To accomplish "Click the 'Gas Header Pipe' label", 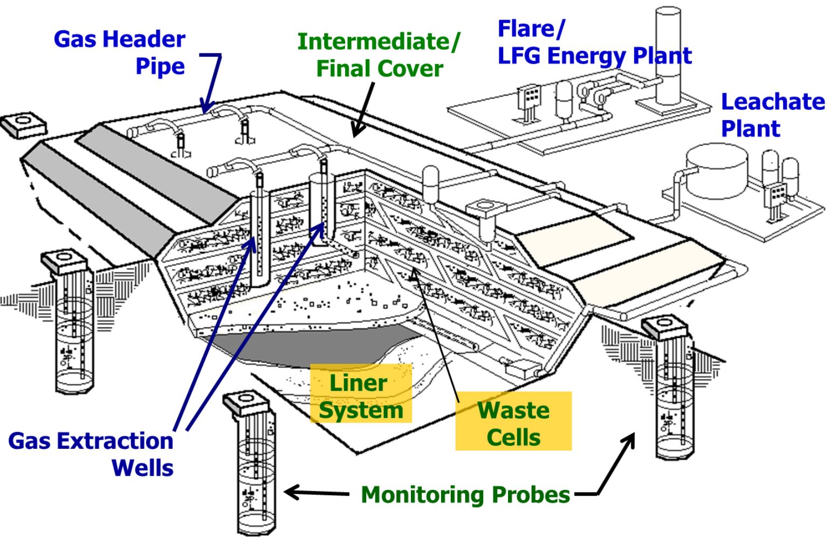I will point(120,52).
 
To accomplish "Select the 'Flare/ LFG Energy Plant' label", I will point(593,42).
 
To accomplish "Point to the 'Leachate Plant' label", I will point(772,115).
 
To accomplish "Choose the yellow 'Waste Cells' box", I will point(513,424).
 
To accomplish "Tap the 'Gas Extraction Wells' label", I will point(91,454).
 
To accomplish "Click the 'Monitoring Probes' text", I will point(465,494).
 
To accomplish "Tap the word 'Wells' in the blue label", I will point(143,467).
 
